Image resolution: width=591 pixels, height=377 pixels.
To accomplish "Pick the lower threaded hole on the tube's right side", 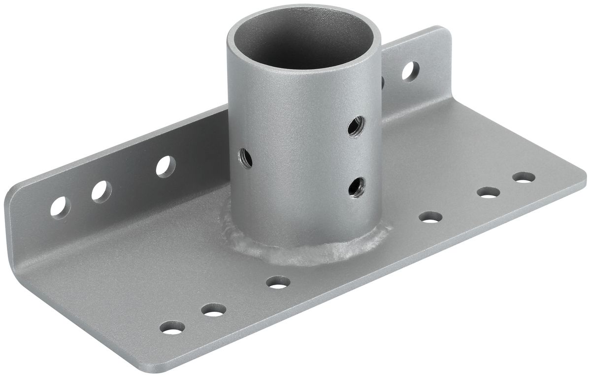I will tap(355, 186).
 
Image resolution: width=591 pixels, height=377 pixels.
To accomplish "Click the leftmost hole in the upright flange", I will tap(60, 206).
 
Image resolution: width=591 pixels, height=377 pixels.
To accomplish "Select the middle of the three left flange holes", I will tap(101, 190).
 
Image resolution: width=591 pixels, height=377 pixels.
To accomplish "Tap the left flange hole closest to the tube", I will tap(165, 166).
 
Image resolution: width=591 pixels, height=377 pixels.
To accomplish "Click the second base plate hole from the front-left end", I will tap(213, 310).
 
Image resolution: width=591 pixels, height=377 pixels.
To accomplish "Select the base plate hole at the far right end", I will tap(524, 177).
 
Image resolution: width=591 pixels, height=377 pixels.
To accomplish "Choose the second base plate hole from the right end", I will tap(488, 192).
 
